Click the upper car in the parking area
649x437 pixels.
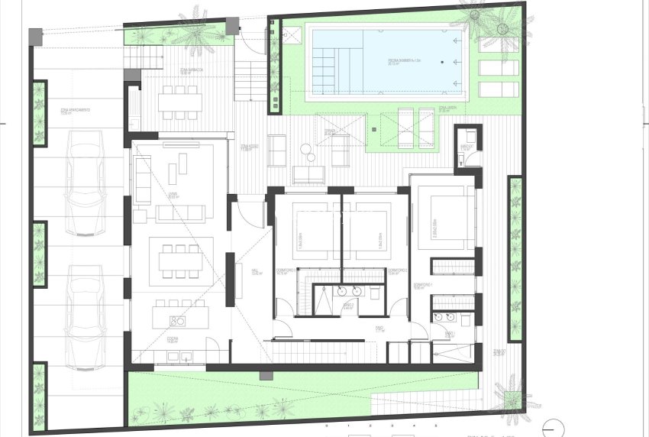coord(84,184)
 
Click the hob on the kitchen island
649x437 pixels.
coord(178,321)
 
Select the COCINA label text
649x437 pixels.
coord(174,341)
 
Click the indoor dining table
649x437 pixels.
coord(181,261)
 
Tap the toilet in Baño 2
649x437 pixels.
coord(376,292)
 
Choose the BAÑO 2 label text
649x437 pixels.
coord(349,306)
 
